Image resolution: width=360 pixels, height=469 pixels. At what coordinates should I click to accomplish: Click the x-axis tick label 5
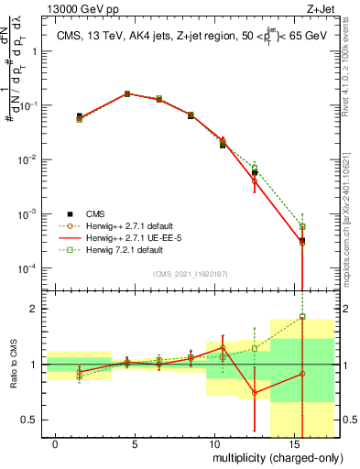[136, 444]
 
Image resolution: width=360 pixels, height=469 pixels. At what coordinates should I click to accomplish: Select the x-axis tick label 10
[214, 444]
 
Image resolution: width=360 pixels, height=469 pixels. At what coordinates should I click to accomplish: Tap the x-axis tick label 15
[294, 444]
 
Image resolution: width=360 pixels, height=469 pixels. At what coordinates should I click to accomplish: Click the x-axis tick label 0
[56, 444]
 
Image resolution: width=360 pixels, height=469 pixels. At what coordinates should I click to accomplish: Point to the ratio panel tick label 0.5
[33, 420]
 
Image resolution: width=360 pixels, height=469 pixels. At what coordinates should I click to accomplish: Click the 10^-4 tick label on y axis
[29, 268]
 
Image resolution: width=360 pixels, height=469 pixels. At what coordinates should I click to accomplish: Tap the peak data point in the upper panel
[127, 93]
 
